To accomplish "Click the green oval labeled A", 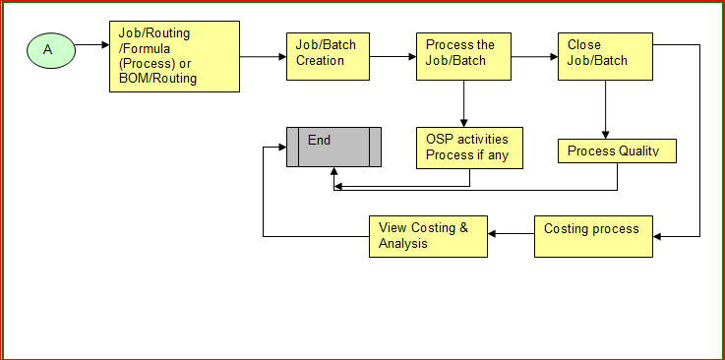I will coord(46,48).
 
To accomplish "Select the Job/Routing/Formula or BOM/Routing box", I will coord(173,56).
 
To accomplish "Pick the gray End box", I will coord(334,148).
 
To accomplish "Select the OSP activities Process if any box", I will coord(469,148).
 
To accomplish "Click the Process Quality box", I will coord(617,150).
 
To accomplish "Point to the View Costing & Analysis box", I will coord(428,236).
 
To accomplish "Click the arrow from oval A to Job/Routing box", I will coord(91,45).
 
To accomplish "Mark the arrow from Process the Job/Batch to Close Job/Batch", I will coord(534,57).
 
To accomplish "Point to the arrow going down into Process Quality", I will coord(605,110).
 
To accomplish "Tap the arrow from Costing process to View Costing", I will coord(511,233).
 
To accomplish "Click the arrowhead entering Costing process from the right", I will coord(658,236).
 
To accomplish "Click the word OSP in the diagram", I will coord(439,140).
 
